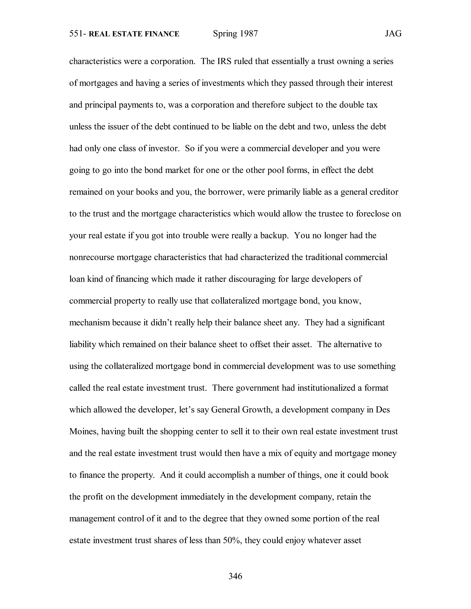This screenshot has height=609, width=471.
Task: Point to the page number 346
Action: click(235, 576)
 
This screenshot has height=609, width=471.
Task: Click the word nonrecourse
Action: click(92, 257)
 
